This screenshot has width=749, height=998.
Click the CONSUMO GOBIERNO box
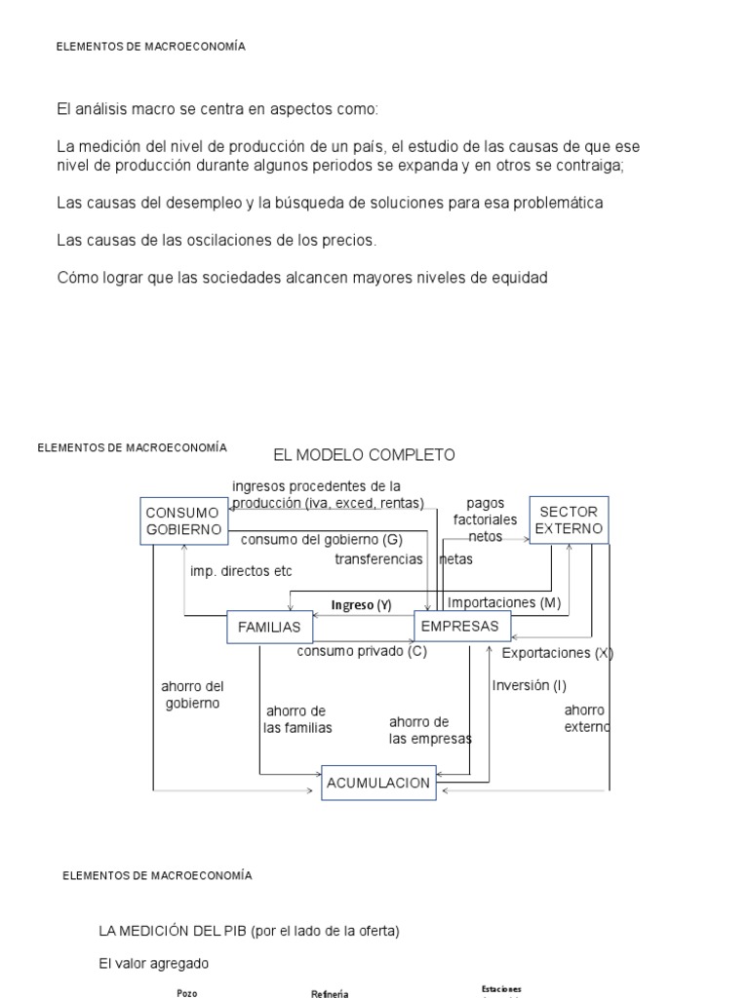click(x=183, y=520)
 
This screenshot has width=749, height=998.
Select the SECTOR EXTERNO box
click(x=569, y=520)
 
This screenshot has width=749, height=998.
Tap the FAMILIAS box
click(x=262, y=628)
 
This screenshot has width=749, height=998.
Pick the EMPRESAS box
click(x=459, y=627)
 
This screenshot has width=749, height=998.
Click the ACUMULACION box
click(x=378, y=783)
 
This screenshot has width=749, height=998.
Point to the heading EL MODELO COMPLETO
click(x=364, y=455)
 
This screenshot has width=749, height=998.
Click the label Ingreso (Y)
click(x=361, y=605)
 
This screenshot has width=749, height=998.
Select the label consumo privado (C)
click(x=362, y=651)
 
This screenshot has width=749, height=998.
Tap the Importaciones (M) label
click(x=504, y=603)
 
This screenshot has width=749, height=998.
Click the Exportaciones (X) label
click(x=557, y=653)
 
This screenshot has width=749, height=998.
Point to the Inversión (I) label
click(x=529, y=685)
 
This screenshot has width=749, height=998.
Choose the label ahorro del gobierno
click(x=192, y=695)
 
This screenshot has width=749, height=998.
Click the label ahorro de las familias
click(x=297, y=719)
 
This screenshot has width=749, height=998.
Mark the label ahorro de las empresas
click(x=430, y=730)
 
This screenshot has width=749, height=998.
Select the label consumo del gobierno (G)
click(x=321, y=539)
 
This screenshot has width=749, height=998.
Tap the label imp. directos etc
click(x=241, y=571)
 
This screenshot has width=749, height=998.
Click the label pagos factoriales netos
click(x=485, y=519)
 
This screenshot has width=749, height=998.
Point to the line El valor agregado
click(x=154, y=964)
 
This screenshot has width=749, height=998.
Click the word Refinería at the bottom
click(x=329, y=993)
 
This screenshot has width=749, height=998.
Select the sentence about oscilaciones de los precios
click(x=217, y=240)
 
